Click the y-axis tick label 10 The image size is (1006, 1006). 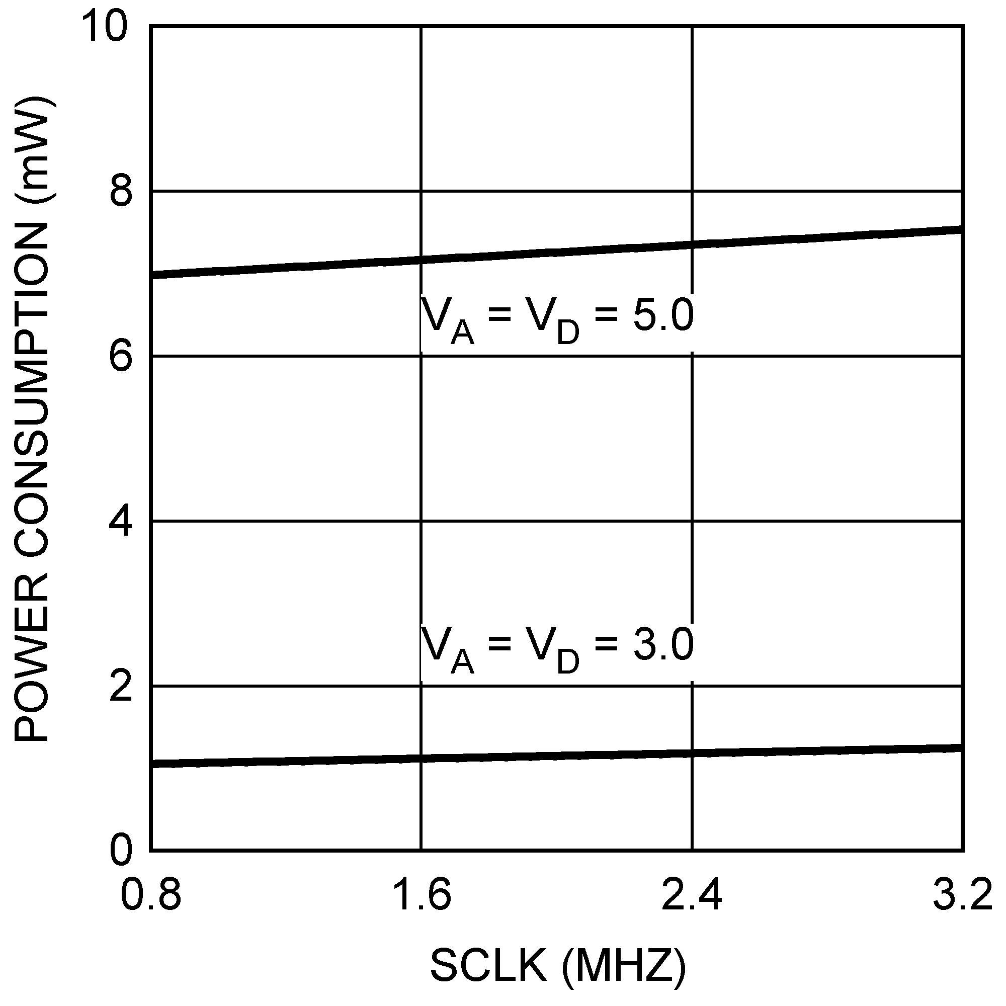(x=104, y=27)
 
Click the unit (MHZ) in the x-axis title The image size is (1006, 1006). (x=623, y=967)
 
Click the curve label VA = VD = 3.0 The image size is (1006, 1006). (x=557, y=648)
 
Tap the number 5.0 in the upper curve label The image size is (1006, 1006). (x=663, y=315)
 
